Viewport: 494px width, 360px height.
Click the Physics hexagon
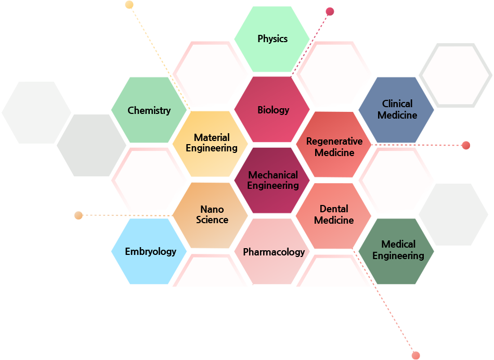coord(272,39)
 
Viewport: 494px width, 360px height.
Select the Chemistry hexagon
coord(149,110)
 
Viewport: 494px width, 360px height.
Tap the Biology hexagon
coord(272,109)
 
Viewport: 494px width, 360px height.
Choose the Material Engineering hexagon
coord(211,144)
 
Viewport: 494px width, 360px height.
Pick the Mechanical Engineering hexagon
coord(272,181)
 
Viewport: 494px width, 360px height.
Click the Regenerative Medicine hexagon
coord(334,145)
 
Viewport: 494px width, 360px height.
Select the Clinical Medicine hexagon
coord(396,110)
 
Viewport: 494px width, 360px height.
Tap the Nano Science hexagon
coord(211,215)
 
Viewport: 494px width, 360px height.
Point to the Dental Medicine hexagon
coord(334,216)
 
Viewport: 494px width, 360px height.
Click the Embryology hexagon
coord(149,251)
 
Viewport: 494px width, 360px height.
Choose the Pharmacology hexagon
coord(272,252)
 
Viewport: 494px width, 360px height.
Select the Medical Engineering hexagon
coord(396,251)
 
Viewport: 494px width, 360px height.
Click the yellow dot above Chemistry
coord(129,5)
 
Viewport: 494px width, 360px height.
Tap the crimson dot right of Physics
coord(330,11)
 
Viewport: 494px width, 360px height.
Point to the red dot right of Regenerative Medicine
coord(466,145)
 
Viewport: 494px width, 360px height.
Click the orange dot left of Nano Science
coord(79,215)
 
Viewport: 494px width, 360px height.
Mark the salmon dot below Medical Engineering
coord(416,355)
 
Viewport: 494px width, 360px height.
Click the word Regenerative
coord(334,142)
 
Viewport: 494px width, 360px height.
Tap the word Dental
coord(334,209)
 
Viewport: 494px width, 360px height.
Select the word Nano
coord(212,209)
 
